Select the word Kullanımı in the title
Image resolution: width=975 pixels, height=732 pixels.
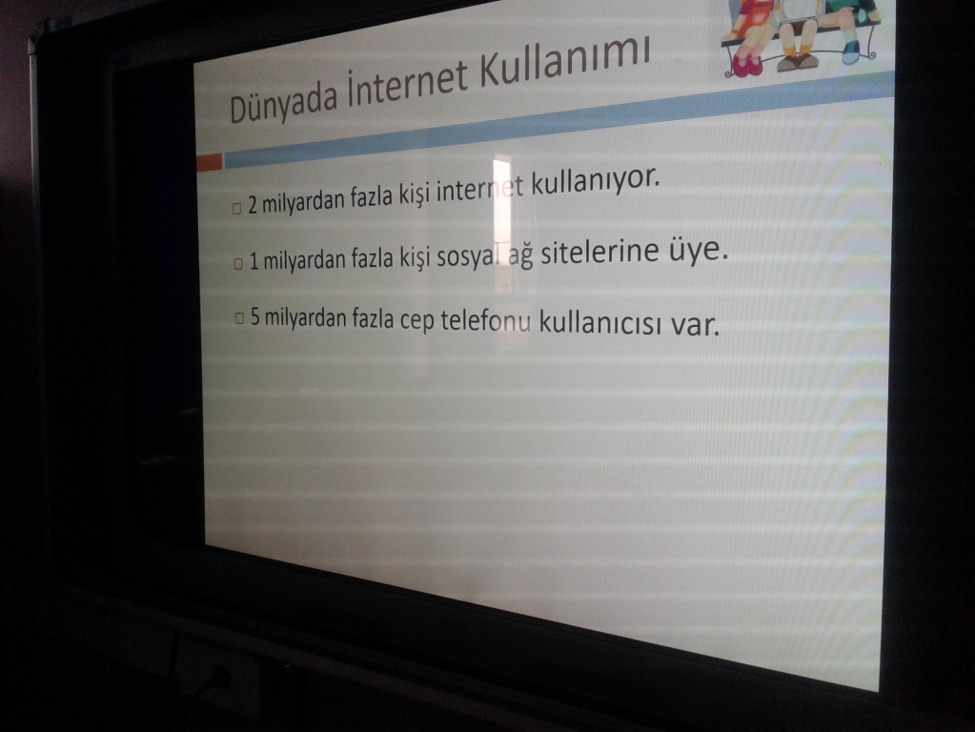tap(564, 61)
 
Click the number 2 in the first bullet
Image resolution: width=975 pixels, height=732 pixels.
tap(253, 205)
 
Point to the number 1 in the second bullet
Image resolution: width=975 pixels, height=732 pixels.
tap(254, 262)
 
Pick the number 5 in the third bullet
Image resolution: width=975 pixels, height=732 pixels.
tap(255, 316)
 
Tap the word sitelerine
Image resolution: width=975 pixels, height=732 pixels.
tap(599, 253)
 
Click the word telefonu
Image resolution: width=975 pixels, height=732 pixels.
tap(486, 320)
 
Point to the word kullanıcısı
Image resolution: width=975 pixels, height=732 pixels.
tap(600, 323)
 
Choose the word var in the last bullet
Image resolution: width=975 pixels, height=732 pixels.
tap(695, 324)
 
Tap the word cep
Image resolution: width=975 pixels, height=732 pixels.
tap(416, 320)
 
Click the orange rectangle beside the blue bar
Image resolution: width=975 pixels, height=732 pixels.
tap(209, 162)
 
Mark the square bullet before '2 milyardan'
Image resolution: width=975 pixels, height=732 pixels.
tap(236, 208)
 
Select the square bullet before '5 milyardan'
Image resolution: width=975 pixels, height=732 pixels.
tap(239, 318)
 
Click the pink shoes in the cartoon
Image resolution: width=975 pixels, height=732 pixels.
tap(747, 65)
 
